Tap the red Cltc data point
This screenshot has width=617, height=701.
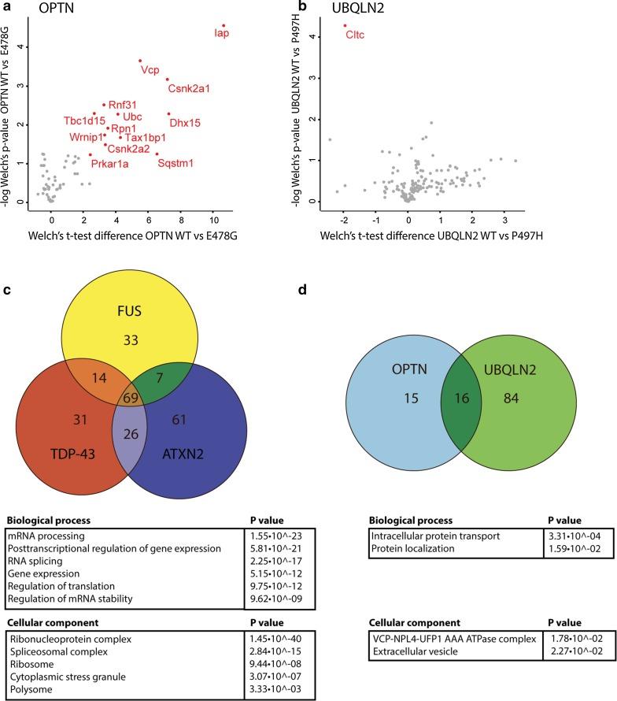(345, 25)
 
